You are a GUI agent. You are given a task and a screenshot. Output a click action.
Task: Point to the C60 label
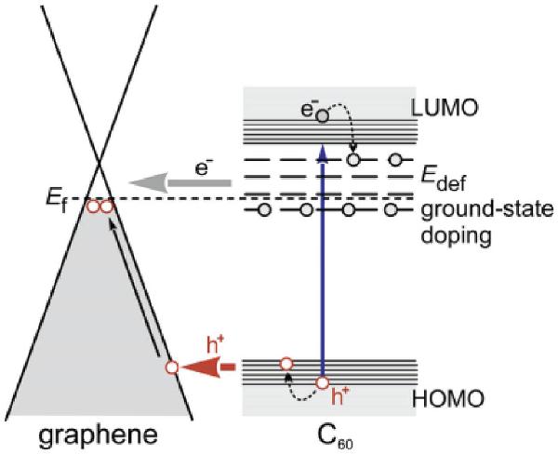click(x=321, y=434)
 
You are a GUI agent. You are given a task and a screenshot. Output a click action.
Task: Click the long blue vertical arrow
click(x=322, y=260)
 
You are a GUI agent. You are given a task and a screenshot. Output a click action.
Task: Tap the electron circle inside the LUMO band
click(x=322, y=116)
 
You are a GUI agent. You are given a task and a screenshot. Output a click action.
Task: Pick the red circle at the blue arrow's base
click(x=323, y=382)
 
